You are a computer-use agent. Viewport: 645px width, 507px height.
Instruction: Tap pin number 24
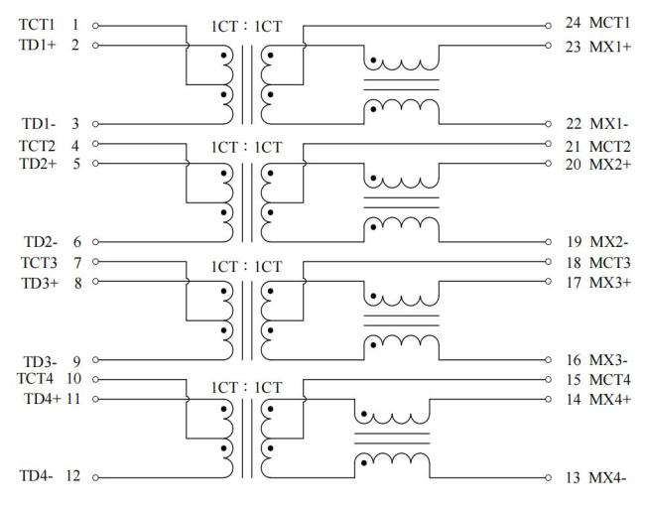pos(573,24)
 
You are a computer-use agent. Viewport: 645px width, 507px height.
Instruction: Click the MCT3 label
pos(609,262)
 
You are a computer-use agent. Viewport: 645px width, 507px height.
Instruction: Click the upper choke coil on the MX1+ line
pos(401,62)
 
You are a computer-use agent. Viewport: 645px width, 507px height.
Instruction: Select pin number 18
pos(573,262)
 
